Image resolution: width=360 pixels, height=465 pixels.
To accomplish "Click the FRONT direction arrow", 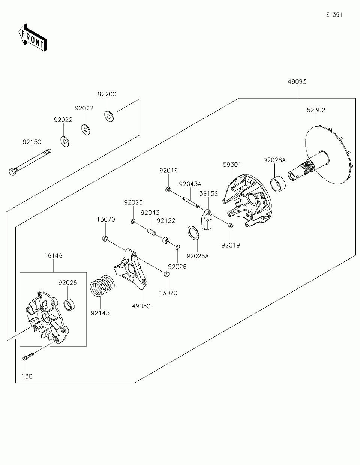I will tap(32, 37).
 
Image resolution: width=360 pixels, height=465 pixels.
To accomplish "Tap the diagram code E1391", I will tap(334, 15).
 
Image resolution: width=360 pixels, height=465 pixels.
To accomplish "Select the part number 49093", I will tap(297, 81).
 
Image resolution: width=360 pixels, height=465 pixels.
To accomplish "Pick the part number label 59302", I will tap(316, 110).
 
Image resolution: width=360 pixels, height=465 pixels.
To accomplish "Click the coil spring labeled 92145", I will tap(102, 287).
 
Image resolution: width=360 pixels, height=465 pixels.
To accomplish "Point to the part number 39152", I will tap(209, 193).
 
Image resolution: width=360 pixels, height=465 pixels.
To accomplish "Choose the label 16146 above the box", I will tap(53, 256).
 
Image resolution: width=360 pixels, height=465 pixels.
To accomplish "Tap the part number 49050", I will tap(141, 306).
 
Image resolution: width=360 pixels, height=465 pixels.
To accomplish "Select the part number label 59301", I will tap(232, 165).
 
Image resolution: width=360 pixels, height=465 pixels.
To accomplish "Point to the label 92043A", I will tap(190, 184).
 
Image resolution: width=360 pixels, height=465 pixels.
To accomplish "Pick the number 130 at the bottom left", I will tap(27, 376).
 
